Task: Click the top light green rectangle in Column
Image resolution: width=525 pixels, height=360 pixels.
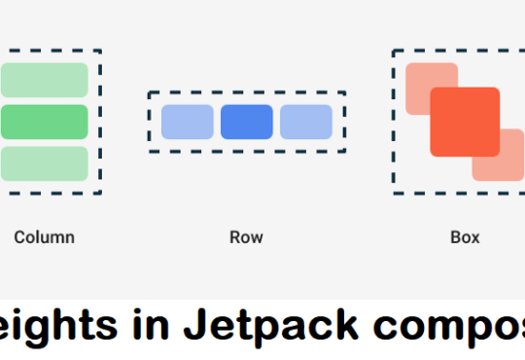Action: (x=44, y=80)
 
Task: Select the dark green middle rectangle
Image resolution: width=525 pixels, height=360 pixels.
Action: (x=44, y=122)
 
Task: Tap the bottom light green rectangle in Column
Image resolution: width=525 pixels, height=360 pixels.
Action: (x=44, y=163)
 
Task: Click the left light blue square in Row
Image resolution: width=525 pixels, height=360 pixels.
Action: (x=187, y=122)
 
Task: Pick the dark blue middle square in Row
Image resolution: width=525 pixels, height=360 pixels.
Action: (x=246, y=122)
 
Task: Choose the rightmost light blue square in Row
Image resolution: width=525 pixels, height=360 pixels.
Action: (x=305, y=122)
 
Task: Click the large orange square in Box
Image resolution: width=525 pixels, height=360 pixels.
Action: (x=465, y=122)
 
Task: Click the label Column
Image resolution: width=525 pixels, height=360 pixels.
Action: (x=44, y=236)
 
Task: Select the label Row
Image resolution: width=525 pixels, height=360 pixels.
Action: (x=246, y=236)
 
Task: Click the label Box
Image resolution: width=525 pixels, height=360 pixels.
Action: (x=465, y=236)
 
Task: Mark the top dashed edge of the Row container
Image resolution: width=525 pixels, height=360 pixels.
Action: (x=246, y=92)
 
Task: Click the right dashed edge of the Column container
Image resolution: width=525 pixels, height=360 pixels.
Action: (x=101, y=122)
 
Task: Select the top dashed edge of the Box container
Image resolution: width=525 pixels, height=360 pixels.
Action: (x=457, y=50)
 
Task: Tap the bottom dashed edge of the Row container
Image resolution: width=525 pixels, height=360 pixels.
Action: (x=246, y=151)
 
